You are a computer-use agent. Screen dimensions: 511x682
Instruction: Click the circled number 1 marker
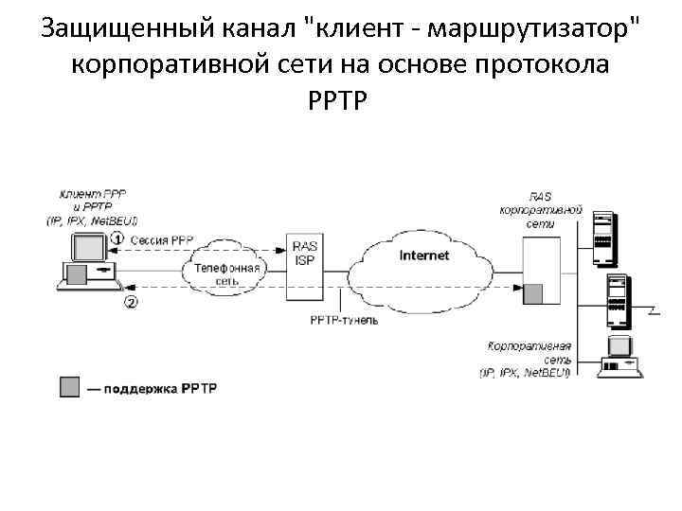pyautogui.click(x=117, y=238)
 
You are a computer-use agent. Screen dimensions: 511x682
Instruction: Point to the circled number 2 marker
pyautogui.click(x=130, y=303)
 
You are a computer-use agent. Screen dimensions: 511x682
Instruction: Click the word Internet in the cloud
pyautogui.click(x=424, y=255)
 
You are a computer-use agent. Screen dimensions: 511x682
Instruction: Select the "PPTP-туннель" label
pyautogui.click(x=344, y=321)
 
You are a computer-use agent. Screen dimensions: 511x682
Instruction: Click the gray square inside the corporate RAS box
pyautogui.click(x=536, y=294)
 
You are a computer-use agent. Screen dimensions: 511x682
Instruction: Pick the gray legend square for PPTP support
pyautogui.click(x=69, y=388)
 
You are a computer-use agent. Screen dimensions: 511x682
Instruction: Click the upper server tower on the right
pyautogui.click(x=602, y=238)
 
